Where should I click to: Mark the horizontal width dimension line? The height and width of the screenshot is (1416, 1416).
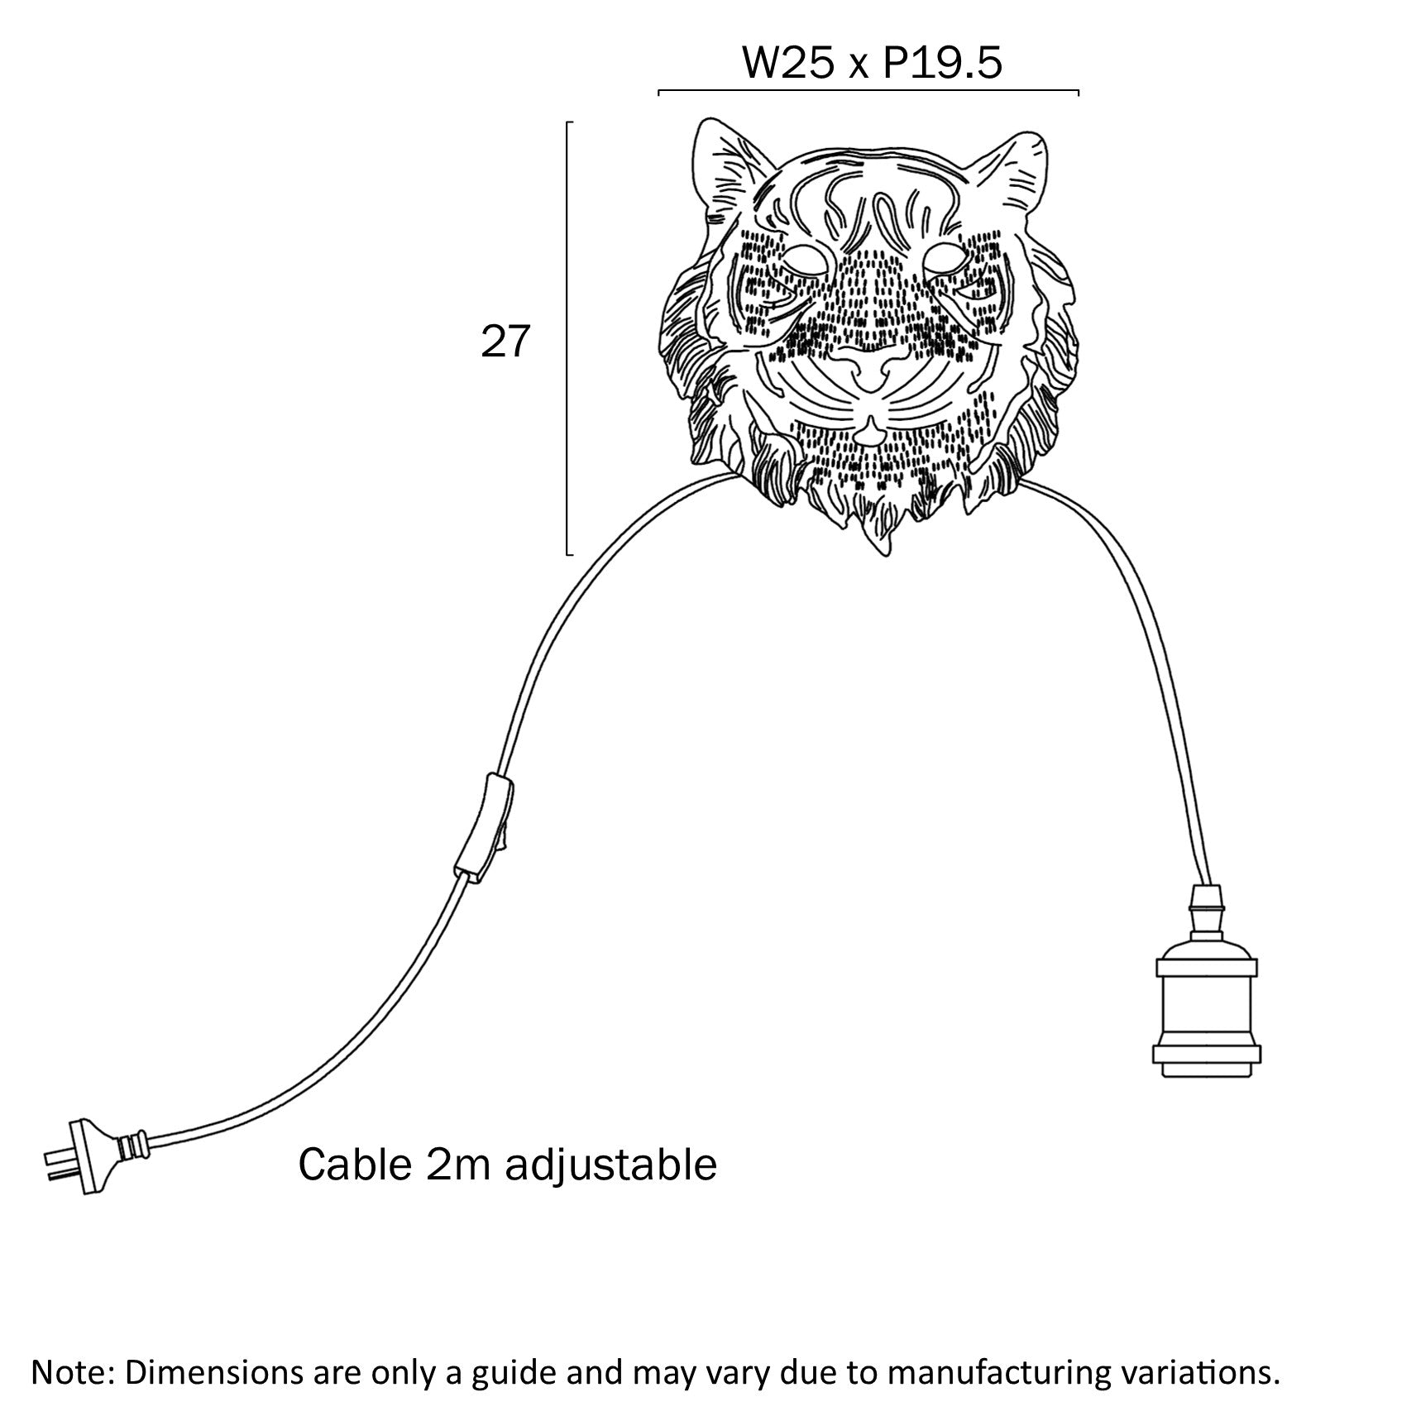[x=868, y=90]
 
